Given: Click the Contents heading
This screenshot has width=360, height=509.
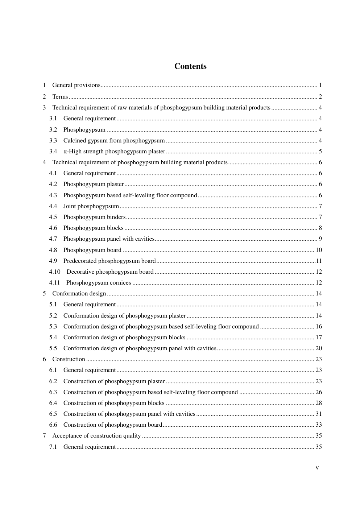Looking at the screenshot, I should tap(190, 66).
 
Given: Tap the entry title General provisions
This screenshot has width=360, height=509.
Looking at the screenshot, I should tap(76, 85).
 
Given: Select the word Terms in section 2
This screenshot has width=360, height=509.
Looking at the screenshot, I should tap(60, 96).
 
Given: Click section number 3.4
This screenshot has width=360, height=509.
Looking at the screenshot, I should tap(53, 151).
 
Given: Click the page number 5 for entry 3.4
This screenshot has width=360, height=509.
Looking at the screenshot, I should tap(320, 151).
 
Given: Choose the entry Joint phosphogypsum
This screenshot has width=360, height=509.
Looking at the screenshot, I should tap(91, 206).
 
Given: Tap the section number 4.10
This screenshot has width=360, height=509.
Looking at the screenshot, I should tap(55, 272).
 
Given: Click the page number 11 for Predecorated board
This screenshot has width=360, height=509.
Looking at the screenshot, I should tap(319, 261).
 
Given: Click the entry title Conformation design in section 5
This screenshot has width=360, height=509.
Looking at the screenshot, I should tap(79, 293).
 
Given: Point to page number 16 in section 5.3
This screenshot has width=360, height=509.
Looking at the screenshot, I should tap(319, 326).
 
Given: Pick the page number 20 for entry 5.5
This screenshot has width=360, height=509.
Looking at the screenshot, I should tap(319, 348).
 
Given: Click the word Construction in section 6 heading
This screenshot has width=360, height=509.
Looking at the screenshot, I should tap(69, 359).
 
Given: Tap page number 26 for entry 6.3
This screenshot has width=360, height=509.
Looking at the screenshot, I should tap(319, 392).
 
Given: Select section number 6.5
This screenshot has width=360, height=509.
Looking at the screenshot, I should tap(53, 414).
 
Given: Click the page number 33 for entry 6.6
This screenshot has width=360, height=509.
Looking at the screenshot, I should tap(319, 425).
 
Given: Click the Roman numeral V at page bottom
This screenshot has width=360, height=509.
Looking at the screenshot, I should tap(317, 468).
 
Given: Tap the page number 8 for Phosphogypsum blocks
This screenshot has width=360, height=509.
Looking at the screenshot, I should tap(320, 228).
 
